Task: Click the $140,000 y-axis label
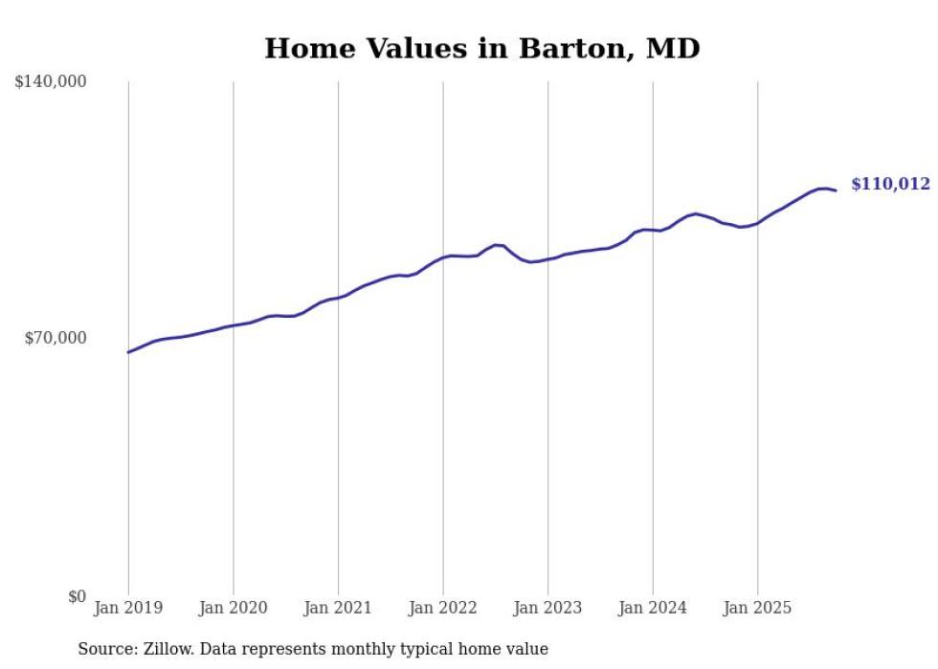coord(51,82)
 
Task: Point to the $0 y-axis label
coord(77,596)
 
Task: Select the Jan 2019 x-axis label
coord(128,608)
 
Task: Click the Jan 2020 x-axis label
coord(233,608)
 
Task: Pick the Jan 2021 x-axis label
coord(338,608)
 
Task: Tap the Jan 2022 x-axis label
coord(442,608)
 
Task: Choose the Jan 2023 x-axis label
coord(547,608)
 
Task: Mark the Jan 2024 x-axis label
coord(653,608)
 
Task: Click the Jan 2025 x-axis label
coord(757,608)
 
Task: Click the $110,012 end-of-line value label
coord(890,185)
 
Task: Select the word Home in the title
coord(301,49)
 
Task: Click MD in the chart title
coord(674,49)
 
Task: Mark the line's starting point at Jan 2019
coord(128,352)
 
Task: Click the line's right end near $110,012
coord(836,190)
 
